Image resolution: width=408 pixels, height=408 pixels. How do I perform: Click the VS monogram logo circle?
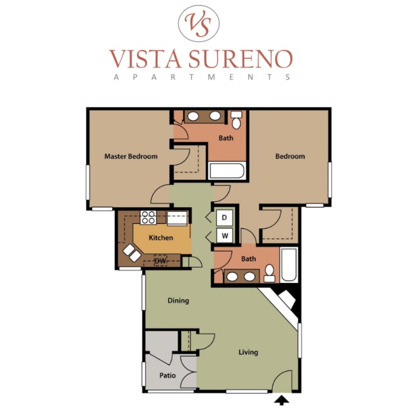click(201, 23)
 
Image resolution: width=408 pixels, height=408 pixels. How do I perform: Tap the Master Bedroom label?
click(131, 157)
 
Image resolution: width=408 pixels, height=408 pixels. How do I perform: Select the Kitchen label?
click(161, 238)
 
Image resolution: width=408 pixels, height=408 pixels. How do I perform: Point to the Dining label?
click(178, 300)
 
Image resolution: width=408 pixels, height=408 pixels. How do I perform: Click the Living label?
click(248, 353)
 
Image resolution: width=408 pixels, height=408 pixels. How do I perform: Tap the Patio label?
click(167, 375)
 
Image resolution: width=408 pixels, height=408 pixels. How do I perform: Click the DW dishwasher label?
click(160, 261)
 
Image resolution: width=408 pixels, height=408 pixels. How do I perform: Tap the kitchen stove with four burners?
click(148, 217)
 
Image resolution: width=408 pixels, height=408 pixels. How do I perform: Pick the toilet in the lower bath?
click(269, 273)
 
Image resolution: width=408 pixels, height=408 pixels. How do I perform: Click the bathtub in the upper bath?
click(226, 171)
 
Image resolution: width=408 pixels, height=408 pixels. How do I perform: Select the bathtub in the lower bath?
click(289, 265)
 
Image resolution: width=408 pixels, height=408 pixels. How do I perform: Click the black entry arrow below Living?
click(282, 401)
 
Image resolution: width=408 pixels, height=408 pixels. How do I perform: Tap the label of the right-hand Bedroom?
click(290, 157)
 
